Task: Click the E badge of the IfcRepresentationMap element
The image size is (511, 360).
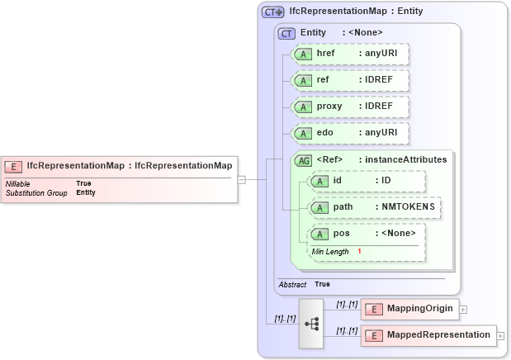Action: click(15, 166)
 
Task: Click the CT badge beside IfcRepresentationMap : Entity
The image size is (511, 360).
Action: click(273, 12)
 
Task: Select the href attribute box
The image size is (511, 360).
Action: click(352, 53)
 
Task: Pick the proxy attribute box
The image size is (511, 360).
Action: click(352, 107)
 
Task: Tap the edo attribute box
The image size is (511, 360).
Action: click(352, 133)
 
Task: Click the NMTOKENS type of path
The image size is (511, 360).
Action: click(406, 207)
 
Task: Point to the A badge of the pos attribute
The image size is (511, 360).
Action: click(319, 234)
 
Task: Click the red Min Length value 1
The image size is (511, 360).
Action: click(359, 251)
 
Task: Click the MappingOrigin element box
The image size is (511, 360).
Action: click(409, 309)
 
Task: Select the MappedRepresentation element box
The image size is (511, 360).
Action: click(428, 335)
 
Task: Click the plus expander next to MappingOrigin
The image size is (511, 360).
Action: click(463, 310)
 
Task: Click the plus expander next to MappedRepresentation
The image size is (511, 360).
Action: click(500, 336)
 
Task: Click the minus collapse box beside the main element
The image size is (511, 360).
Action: click(241, 178)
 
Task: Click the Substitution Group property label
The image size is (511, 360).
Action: click(36, 192)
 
